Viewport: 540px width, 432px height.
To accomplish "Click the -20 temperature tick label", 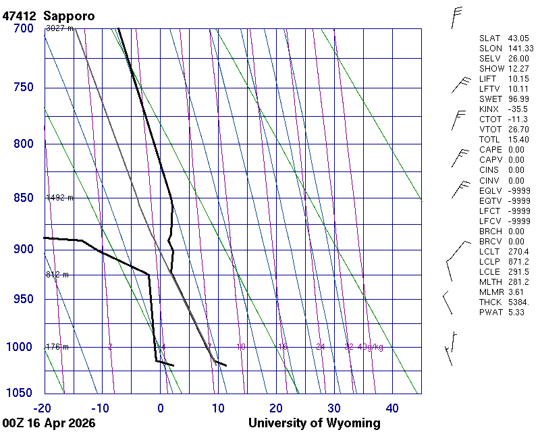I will click(x=44, y=408).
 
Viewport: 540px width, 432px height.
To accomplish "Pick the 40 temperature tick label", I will click(x=392, y=408).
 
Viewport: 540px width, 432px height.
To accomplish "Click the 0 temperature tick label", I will click(x=161, y=408).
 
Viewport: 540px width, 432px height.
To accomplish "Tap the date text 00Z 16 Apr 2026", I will click(x=49, y=423).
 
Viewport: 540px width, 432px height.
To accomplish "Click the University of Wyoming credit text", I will click(x=314, y=423).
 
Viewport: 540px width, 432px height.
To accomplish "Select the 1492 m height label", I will click(x=59, y=198).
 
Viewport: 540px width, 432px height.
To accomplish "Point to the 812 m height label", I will click(x=57, y=275).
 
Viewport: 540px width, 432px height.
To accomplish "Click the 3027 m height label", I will click(x=59, y=28).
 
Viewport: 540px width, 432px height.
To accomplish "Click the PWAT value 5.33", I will click(x=516, y=313).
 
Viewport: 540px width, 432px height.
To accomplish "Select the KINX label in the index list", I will click(x=489, y=109).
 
